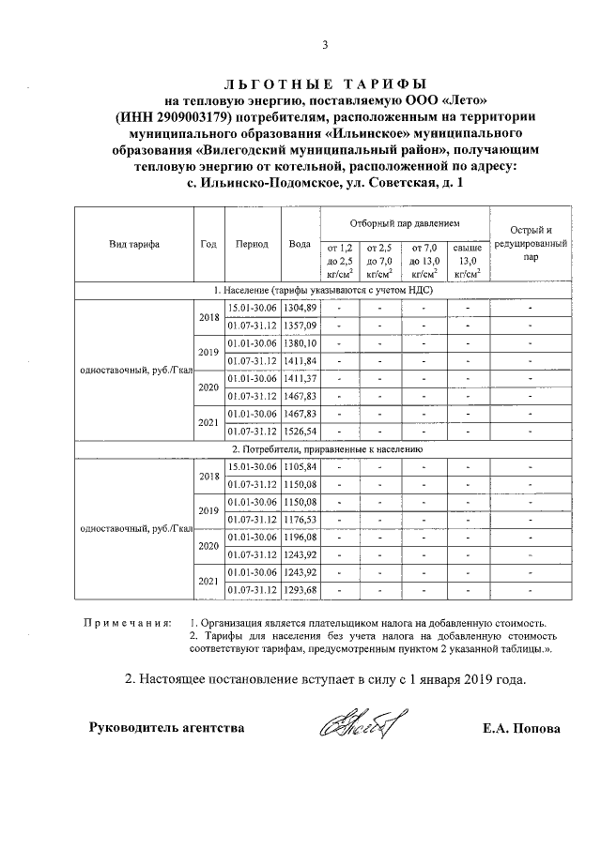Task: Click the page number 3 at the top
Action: point(324,45)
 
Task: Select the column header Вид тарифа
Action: point(134,244)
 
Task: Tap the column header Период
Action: point(252,244)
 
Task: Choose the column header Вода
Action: point(300,244)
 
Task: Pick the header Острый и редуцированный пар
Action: point(531,243)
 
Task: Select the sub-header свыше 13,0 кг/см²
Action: point(467,261)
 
